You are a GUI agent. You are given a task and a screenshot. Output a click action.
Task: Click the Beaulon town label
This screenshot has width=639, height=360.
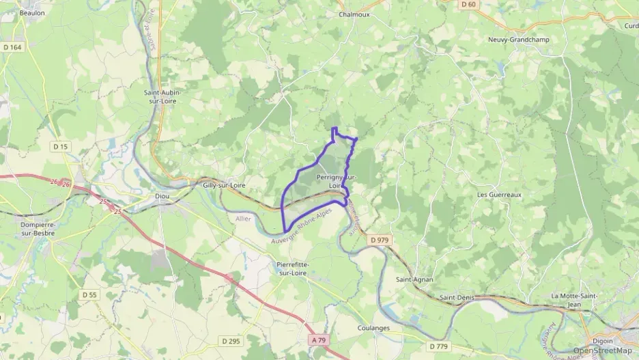click(x=32, y=13)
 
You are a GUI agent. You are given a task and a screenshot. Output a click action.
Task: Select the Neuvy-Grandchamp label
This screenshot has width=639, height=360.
click(x=518, y=40)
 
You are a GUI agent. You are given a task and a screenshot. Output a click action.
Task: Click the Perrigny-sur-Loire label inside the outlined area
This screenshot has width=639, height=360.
click(x=336, y=181)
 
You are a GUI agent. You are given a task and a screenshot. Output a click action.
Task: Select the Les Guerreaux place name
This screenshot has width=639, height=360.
click(x=499, y=195)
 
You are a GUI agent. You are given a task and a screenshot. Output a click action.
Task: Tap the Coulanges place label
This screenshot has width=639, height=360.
click(x=373, y=328)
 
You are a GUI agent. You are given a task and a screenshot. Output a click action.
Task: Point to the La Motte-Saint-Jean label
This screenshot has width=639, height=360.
click(x=574, y=300)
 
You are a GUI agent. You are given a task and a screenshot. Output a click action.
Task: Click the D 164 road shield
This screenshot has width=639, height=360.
click(x=12, y=47)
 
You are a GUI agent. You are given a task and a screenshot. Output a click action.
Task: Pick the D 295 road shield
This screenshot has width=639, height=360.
click(x=231, y=340)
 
